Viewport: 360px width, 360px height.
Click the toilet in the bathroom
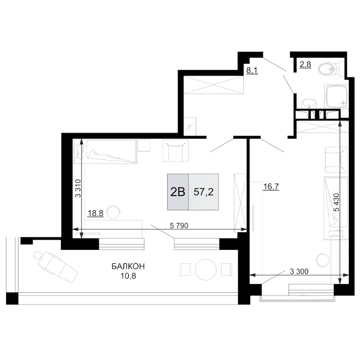pyautogui.click(x=330, y=68)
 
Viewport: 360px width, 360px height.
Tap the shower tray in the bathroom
pyautogui.click(x=337, y=97)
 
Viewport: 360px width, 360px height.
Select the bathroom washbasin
pyautogui.click(x=309, y=104)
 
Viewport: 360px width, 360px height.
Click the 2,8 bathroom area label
pyautogui.click(x=305, y=65)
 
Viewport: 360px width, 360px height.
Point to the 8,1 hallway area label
pyautogui.click(x=252, y=70)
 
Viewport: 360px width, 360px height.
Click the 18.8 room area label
pyautogui.click(x=96, y=213)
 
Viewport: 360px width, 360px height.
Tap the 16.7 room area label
pyautogui.click(x=271, y=187)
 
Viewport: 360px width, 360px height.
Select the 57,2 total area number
pyautogui.click(x=203, y=192)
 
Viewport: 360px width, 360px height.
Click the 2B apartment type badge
pyautogui.click(x=178, y=192)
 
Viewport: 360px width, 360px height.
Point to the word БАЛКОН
pyautogui.click(x=128, y=267)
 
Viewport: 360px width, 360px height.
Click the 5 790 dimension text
pyautogui.click(x=179, y=225)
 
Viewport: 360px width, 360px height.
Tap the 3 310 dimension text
pyautogui.click(x=78, y=188)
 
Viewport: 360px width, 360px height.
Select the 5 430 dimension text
pyautogui.click(x=337, y=202)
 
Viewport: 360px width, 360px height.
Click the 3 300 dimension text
pyautogui.click(x=299, y=271)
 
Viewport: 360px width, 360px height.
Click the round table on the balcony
pyautogui.click(x=206, y=270)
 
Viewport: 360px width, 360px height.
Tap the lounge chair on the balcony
pyautogui.click(x=55, y=267)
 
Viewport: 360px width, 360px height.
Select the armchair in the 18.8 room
pyautogui.click(x=176, y=150)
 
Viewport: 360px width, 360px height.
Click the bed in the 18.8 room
pyautogui.click(x=105, y=151)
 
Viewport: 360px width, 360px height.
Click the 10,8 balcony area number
pyautogui.click(x=128, y=276)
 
